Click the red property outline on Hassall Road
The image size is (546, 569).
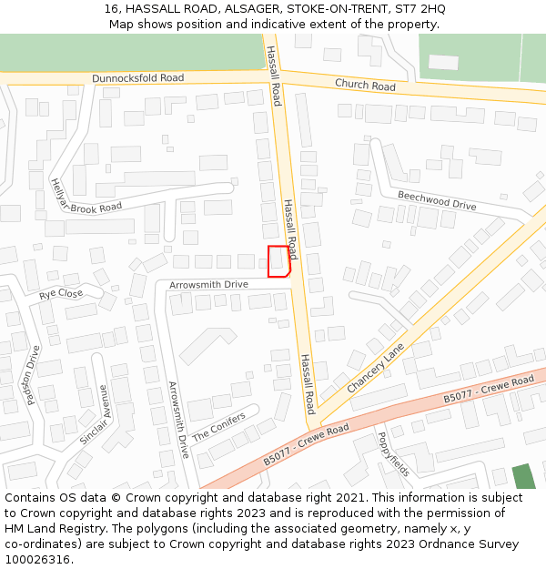point(278,261)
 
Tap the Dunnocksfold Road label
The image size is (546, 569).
point(138,78)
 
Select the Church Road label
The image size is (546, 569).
point(365,86)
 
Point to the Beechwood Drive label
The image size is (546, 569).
point(437,200)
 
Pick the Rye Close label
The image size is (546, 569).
point(61,294)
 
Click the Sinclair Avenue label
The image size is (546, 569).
point(95,413)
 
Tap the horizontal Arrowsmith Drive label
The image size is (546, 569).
point(208,285)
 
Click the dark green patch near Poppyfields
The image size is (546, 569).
point(523,477)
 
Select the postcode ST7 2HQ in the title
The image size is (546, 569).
point(420,8)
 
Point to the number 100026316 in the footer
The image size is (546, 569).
point(37,560)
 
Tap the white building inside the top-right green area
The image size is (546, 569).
point(443,62)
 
